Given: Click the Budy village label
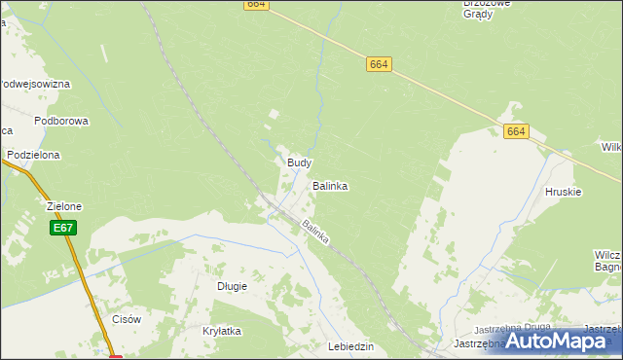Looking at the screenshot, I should (299, 162).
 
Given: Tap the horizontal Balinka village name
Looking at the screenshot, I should (330, 185).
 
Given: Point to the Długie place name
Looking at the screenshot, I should (232, 286).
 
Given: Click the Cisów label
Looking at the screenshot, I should (128, 319).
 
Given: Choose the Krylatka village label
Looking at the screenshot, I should (222, 331).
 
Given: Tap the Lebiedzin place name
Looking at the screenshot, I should (351, 347).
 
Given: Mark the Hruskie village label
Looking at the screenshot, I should (564, 192).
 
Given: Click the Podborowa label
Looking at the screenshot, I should (61, 121).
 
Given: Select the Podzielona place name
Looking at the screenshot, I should (33, 155).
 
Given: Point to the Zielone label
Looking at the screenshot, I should (64, 206).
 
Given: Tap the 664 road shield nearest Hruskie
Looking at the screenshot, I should (516, 131).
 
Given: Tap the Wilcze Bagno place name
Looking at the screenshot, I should (609, 260).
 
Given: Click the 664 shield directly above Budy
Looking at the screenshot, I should (380, 64).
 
